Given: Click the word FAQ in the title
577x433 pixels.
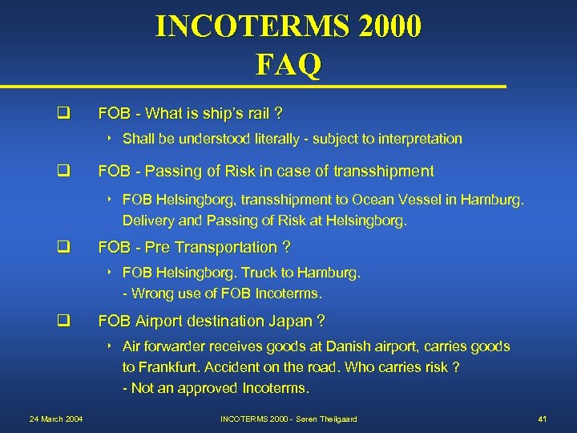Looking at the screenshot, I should point(288,63).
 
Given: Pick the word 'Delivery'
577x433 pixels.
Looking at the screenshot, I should point(147,220).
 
